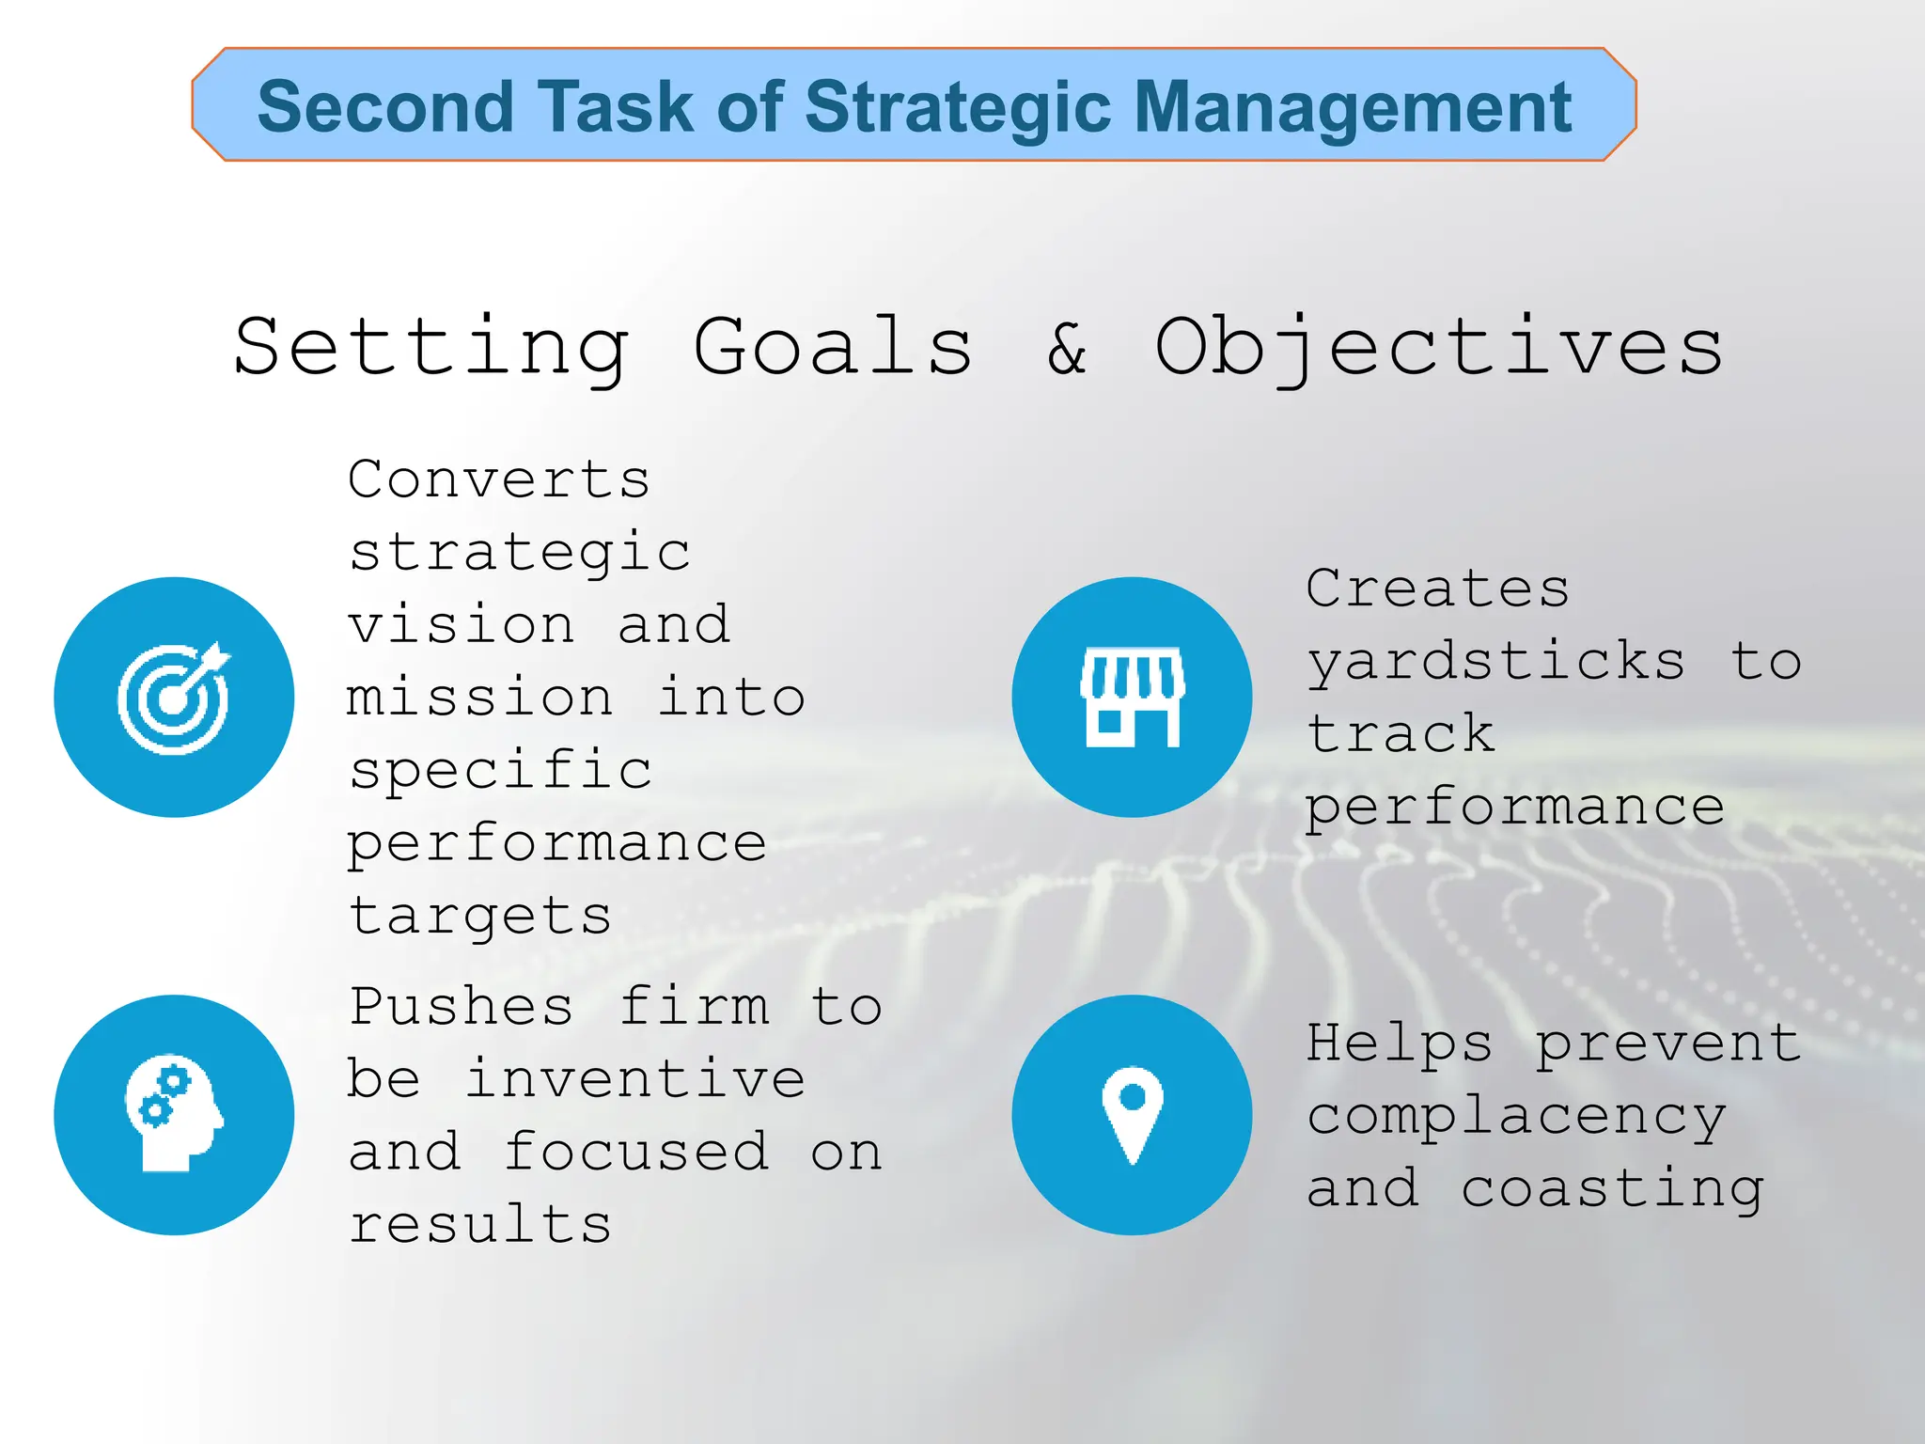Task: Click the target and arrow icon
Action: pos(174,698)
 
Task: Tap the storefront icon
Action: pos(1132,698)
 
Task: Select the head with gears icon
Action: pos(174,1115)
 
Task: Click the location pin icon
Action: pos(1132,1115)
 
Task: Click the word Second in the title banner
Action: pos(385,106)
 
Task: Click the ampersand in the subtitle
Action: pos(1067,348)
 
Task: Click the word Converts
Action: pos(499,479)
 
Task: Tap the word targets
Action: pos(480,917)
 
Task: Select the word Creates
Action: pos(1438,589)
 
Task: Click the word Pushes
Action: pos(461,1007)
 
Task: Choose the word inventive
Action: pos(634,1079)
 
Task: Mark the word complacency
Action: pos(1516,1118)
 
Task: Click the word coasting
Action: pos(1612,1190)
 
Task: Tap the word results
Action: pos(480,1225)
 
